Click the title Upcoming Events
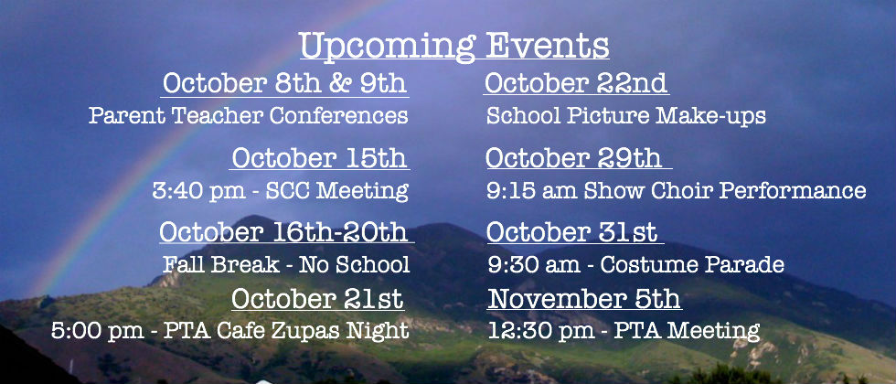pyautogui.click(x=453, y=46)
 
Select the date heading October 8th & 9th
pyautogui.click(x=284, y=83)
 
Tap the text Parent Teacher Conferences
pyautogui.click(x=249, y=115)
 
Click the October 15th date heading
pyautogui.click(x=319, y=157)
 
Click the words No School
pyautogui.click(x=355, y=264)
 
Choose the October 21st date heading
pyautogui.click(x=318, y=299)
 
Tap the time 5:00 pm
pyautogui.click(x=98, y=331)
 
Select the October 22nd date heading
pyautogui.click(x=576, y=83)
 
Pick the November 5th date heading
pyautogui.click(x=584, y=299)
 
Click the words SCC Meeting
pyautogui.click(x=337, y=191)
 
